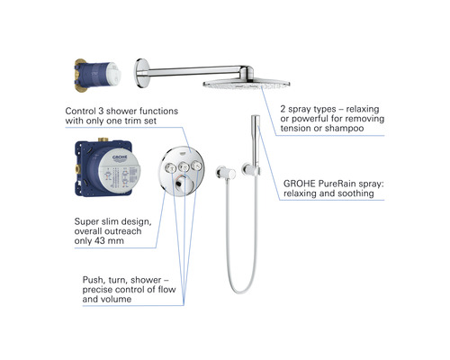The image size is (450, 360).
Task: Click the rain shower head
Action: coord(237,83)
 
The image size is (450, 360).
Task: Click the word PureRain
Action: coord(343,182)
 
